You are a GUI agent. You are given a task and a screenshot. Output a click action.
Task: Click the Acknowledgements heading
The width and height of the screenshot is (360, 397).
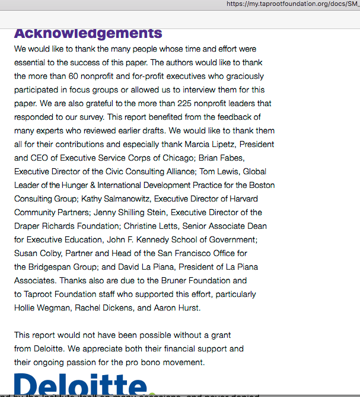coord(88,33)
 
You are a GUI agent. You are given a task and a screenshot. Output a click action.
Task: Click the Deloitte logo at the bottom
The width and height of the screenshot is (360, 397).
coord(80,385)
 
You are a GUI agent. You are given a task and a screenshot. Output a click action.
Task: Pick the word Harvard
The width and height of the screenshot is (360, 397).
coord(259,199)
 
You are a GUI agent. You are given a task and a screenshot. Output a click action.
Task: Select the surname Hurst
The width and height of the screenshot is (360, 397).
coord(188,308)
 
